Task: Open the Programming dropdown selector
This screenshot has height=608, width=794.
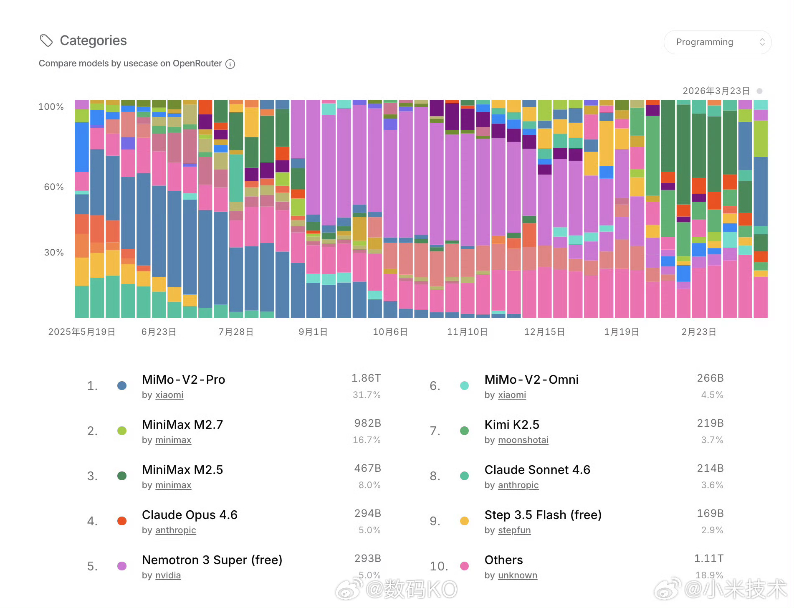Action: pyautogui.click(x=717, y=42)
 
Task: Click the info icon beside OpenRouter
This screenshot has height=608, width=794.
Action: pyautogui.click(x=230, y=64)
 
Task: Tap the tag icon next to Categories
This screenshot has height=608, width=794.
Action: pyautogui.click(x=46, y=41)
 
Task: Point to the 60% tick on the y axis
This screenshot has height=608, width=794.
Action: pyautogui.click(x=54, y=187)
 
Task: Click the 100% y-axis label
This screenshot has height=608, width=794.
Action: pyautogui.click(x=51, y=107)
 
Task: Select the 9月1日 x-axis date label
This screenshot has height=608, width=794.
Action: pyautogui.click(x=313, y=332)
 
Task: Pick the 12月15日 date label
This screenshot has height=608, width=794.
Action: pyautogui.click(x=544, y=332)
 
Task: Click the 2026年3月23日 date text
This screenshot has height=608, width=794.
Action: pyautogui.click(x=716, y=91)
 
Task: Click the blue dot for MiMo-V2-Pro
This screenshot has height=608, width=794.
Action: pyautogui.click(x=122, y=385)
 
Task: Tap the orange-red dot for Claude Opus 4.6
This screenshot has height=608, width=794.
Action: pyautogui.click(x=122, y=521)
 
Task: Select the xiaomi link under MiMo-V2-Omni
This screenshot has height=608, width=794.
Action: pyautogui.click(x=512, y=395)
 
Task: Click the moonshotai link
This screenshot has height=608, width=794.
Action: pyautogui.click(x=523, y=440)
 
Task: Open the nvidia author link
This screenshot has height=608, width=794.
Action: pyautogui.click(x=168, y=575)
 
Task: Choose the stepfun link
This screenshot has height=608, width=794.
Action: pyautogui.click(x=514, y=530)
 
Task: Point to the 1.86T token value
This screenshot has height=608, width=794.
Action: pyautogui.click(x=366, y=378)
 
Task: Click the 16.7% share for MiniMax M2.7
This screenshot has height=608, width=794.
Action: pyautogui.click(x=367, y=440)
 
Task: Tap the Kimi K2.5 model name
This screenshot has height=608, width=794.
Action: pyautogui.click(x=512, y=425)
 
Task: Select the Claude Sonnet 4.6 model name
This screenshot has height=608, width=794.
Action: pyautogui.click(x=537, y=470)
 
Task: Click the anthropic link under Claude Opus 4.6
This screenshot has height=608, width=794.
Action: pyautogui.click(x=175, y=530)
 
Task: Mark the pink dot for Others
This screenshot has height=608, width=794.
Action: pyautogui.click(x=464, y=566)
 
